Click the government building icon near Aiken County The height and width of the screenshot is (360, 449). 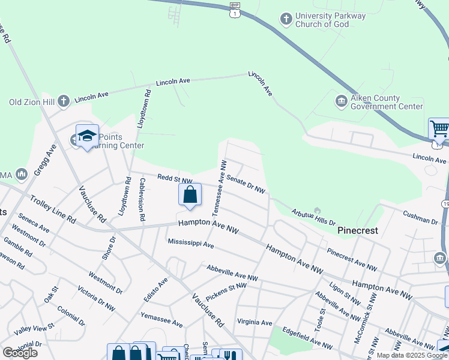coord(340,100)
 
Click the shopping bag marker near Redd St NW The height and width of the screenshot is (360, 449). coord(190,196)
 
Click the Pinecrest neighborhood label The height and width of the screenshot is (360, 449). coord(357,230)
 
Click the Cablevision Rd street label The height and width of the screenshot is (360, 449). coord(142,200)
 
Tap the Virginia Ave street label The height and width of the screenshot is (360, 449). coord(256,322)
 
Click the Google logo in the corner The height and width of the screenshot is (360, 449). coord(20,353)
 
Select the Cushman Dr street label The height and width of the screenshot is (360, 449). coord(420,221)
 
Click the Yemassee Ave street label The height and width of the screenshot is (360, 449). coord(161,319)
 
